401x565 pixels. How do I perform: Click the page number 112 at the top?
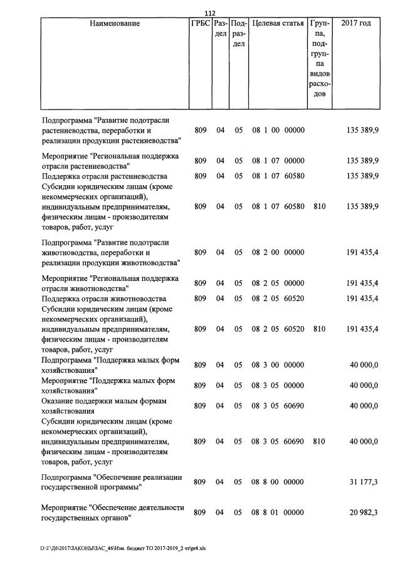210,14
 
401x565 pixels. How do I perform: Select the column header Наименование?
115,24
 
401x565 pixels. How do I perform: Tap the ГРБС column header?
200,24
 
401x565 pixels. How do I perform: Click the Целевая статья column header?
278,24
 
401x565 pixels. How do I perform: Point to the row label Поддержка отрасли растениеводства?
105,176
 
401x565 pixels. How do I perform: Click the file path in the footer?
123,548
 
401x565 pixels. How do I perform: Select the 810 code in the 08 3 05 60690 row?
318,441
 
